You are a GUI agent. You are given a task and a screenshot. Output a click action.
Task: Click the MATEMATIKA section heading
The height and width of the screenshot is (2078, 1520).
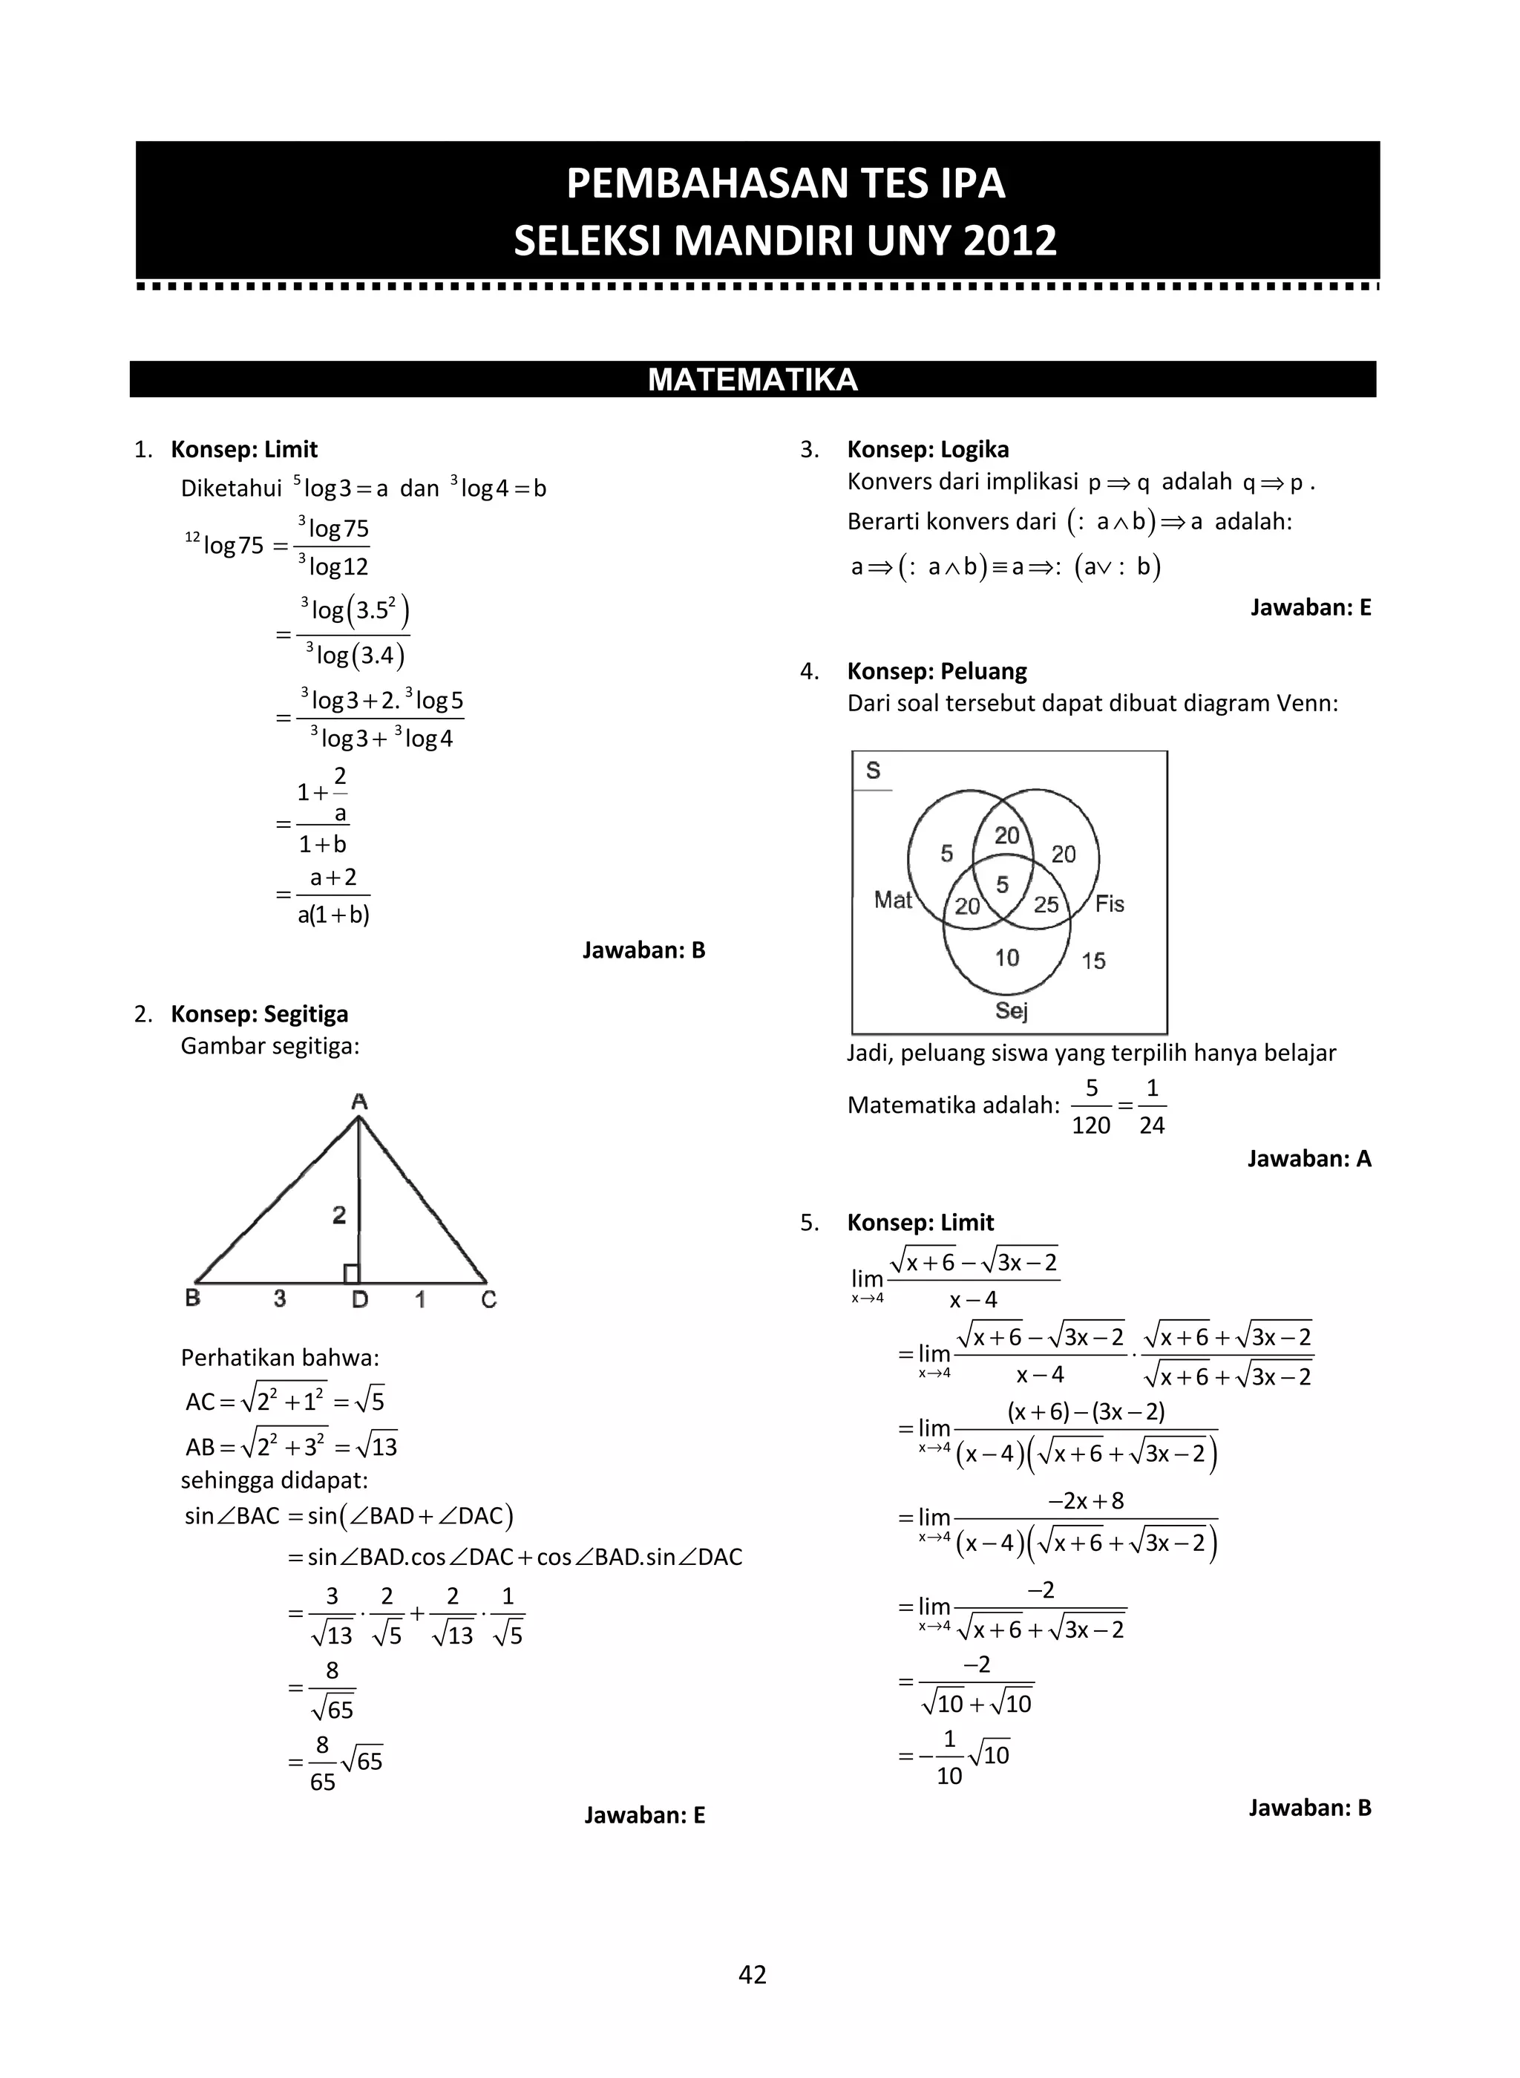pos(752,380)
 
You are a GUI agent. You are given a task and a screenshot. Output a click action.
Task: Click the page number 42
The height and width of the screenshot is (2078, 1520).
pos(752,1974)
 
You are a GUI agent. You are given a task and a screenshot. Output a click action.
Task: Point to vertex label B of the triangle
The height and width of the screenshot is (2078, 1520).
pos(193,1298)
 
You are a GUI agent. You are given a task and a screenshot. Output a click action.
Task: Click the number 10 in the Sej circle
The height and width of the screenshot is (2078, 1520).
pos(1006,958)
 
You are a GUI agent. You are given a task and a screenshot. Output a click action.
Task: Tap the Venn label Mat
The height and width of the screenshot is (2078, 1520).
pos(893,900)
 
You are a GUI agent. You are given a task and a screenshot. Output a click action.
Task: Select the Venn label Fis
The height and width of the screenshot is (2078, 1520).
pos(1110,904)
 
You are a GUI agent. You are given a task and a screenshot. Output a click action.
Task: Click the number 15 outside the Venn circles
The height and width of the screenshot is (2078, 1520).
pos(1093,961)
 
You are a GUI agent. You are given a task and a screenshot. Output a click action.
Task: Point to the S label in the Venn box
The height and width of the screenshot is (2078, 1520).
pos(873,771)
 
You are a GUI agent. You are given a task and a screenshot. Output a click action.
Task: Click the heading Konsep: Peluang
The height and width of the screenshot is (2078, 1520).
pos(936,671)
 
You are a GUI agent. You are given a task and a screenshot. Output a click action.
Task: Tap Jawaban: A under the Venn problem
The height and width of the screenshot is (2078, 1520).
pos(1308,1159)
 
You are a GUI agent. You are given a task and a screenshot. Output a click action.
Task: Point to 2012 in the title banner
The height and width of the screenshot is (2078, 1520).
pos(1010,241)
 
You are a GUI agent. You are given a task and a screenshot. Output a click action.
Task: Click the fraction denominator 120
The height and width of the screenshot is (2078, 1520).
pos(1090,1125)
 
